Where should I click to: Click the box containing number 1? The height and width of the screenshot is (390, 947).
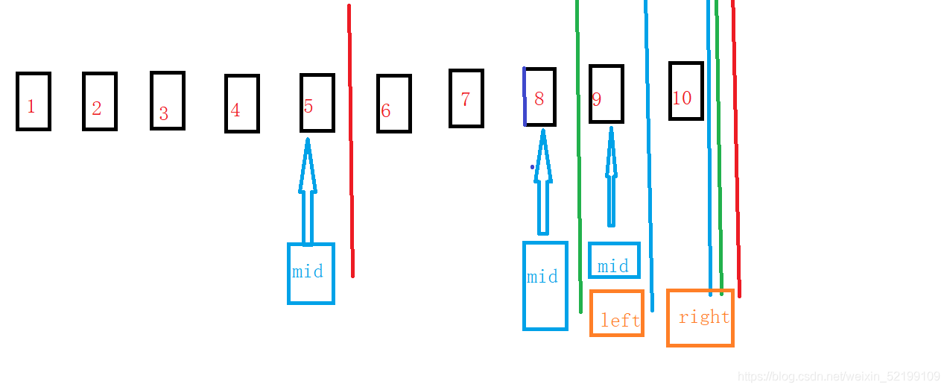(x=34, y=101)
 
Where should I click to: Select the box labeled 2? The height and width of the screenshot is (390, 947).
(x=100, y=101)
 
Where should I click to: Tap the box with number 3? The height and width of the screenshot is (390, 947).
(x=168, y=101)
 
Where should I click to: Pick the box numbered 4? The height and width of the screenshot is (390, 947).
(x=242, y=104)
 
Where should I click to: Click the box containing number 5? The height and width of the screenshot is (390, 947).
(x=317, y=103)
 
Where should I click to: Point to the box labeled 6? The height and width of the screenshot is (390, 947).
(x=394, y=104)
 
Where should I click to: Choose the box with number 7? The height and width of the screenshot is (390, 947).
(x=466, y=98)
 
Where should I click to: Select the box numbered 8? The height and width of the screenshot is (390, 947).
(x=540, y=97)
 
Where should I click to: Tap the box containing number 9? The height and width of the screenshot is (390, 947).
(x=606, y=94)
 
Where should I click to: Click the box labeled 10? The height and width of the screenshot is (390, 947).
(x=686, y=91)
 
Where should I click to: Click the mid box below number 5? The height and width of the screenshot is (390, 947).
(x=311, y=274)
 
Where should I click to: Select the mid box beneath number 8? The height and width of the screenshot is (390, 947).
(x=545, y=286)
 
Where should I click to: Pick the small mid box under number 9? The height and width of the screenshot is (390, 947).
(x=614, y=260)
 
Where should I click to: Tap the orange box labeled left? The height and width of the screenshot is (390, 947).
(x=617, y=313)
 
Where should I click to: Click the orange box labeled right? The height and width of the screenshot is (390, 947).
(x=700, y=318)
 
